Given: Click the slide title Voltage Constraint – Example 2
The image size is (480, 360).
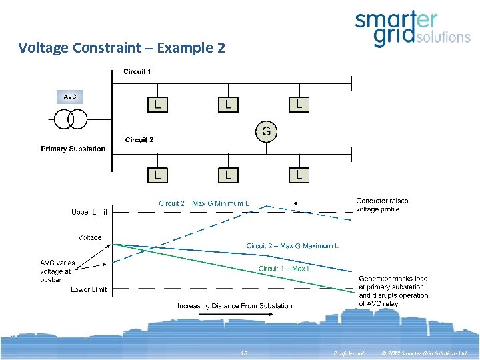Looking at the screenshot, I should point(121,48).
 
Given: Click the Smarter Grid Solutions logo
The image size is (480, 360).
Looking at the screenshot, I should point(413,30).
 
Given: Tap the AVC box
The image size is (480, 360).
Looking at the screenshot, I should point(70,97).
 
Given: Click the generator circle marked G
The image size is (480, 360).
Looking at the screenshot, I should point(266,131).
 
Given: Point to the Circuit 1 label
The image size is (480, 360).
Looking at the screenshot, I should point(137,71).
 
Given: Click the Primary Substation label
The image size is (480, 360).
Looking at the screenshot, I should point(73,149).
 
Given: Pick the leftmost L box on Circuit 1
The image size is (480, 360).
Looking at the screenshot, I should point(157,105).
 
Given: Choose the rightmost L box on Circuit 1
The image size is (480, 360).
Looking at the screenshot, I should point(299,105).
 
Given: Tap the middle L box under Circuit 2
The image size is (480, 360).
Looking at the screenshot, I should point(228,175).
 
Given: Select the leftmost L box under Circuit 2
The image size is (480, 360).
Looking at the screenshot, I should point(157,175).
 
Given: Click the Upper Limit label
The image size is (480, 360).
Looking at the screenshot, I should point(89,213).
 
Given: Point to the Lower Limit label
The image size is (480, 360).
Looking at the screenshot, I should point(89,289).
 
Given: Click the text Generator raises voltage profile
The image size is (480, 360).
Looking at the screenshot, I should point(382,205).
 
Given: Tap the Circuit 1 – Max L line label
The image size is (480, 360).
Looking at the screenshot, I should point(285,269).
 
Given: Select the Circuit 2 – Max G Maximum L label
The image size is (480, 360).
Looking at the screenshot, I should point(292,246).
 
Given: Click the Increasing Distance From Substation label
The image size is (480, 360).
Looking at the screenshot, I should point(235,306).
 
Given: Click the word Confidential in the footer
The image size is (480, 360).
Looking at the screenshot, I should point(348,353).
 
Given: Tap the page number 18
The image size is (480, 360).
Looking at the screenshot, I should point(244,353).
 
